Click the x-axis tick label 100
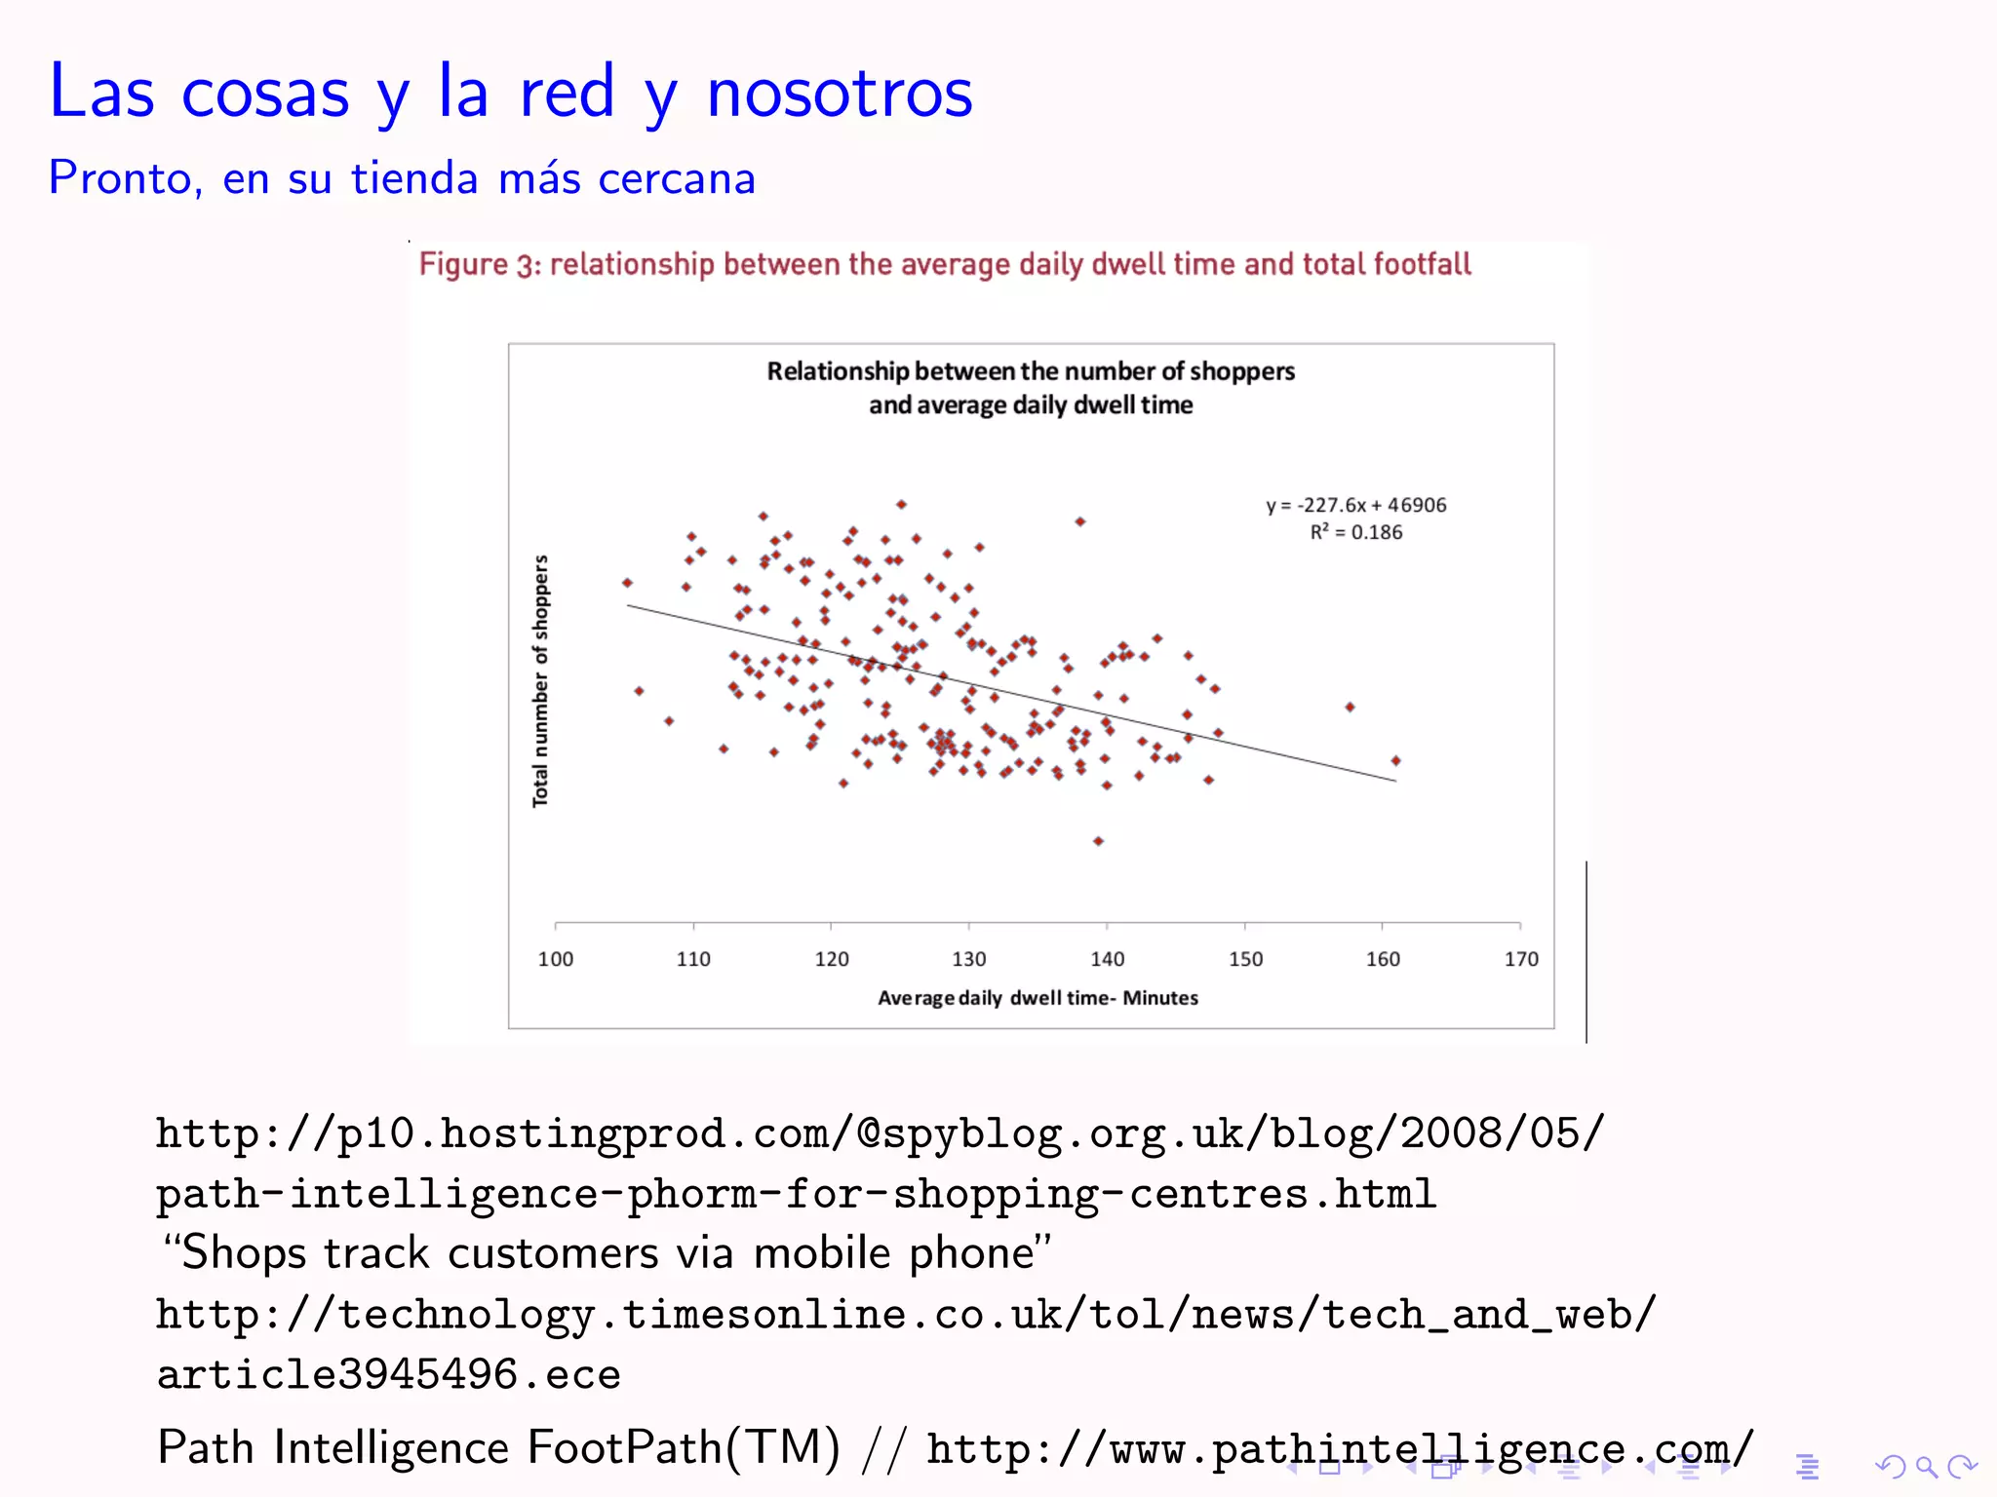[556, 959]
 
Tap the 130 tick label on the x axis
[969, 959]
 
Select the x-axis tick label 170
[1521, 959]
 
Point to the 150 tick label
[1245, 959]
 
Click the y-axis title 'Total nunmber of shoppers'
[540, 681]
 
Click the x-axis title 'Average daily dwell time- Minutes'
[1038, 998]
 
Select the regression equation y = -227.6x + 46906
[1356, 505]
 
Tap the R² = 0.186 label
[1356, 532]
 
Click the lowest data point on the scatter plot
[1098, 841]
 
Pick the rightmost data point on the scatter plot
[1396, 760]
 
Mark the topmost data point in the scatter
[902, 504]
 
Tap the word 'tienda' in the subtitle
[414, 178]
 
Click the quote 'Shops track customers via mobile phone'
[607, 1253]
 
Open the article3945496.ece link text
[389, 1374]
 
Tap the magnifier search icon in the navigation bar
[1926, 1467]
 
